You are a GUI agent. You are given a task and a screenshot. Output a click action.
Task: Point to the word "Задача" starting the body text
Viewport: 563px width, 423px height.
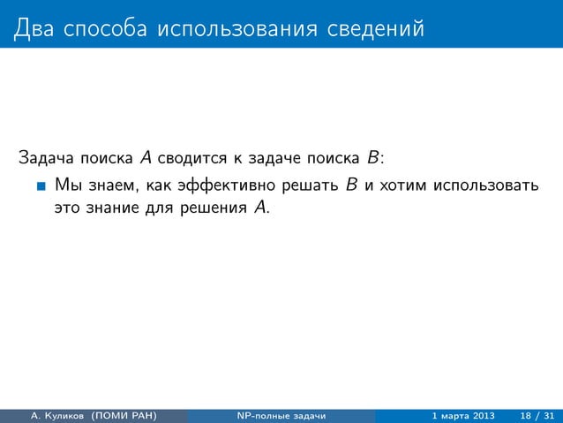tap(45, 160)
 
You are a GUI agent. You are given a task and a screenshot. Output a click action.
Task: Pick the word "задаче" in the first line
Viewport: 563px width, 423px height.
tap(278, 160)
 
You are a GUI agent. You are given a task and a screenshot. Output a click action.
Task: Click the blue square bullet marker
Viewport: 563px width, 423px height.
tap(41, 186)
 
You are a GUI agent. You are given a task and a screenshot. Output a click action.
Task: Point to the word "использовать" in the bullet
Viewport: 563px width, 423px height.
tap(484, 185)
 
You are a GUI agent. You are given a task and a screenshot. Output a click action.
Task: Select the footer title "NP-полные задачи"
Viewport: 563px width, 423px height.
tap(281, 415)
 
